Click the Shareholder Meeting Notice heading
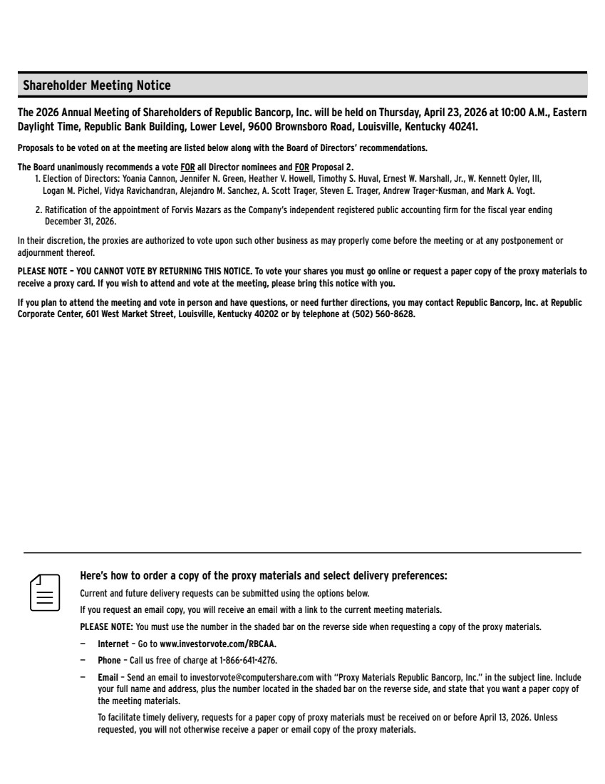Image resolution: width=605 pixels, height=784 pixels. coord(97,86)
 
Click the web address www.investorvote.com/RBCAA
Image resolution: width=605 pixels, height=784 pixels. coord(218,644)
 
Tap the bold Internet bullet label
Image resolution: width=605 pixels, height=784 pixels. coord(113,644)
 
